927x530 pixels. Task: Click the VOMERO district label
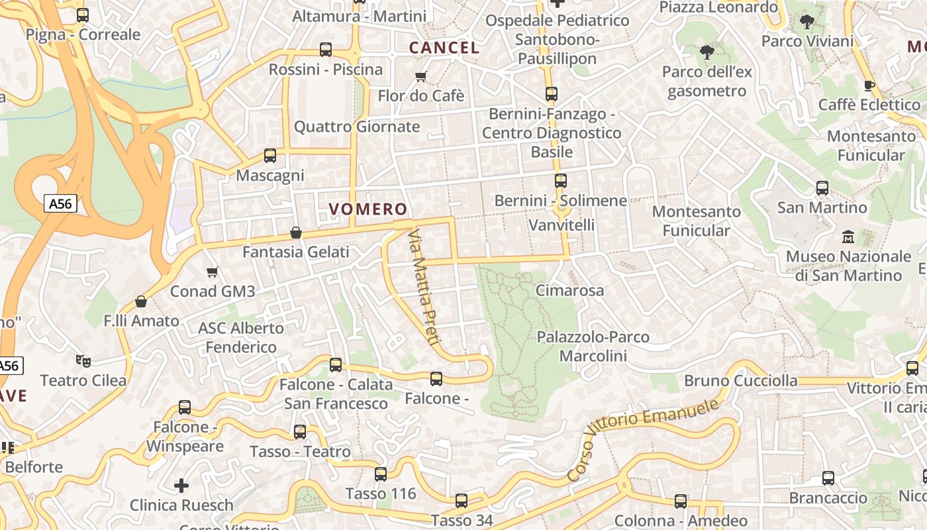368,209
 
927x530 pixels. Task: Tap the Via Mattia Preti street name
424,287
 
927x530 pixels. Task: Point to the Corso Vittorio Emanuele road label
642,439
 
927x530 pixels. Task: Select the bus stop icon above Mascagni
270,156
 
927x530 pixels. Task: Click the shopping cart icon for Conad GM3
213,272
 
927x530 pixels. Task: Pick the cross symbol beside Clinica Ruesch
181,486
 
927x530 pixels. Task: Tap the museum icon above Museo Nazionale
848,237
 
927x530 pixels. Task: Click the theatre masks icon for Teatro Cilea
83,361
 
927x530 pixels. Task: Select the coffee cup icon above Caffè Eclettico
869,85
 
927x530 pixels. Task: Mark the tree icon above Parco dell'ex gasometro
707,52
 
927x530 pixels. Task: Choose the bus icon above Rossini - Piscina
326,50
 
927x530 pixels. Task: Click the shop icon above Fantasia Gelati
296,233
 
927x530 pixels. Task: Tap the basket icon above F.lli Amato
141,301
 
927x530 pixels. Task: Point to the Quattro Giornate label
357,127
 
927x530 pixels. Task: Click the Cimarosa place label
569,290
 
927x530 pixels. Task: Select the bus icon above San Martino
822,188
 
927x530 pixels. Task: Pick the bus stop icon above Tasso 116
381,474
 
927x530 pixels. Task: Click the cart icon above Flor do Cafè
420,77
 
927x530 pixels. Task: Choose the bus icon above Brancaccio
828,478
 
